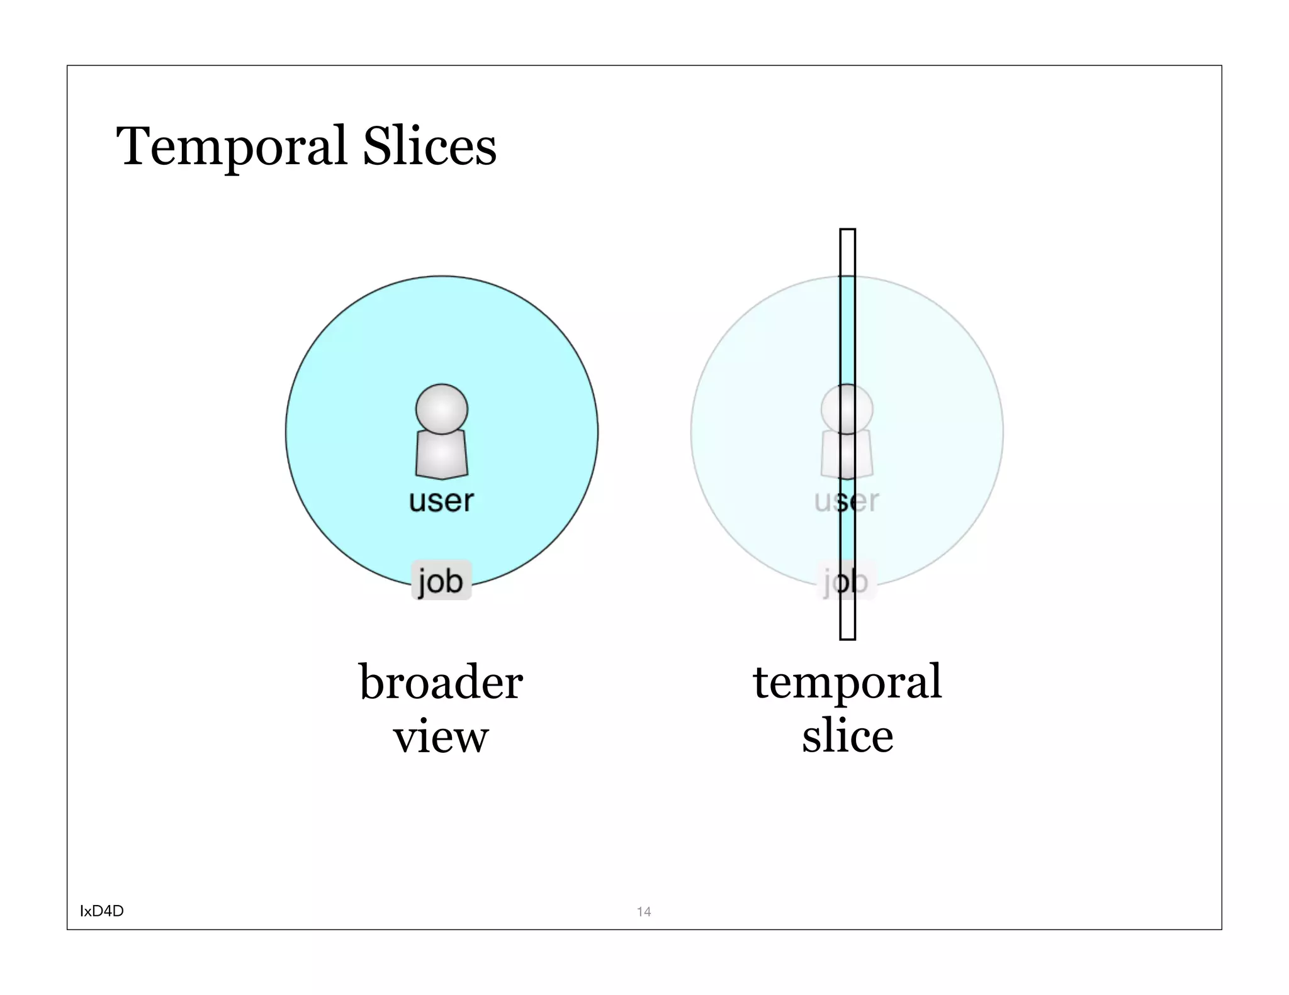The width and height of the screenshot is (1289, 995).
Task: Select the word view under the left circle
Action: tap(441, 737)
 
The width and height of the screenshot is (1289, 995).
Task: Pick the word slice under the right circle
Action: tap(847, 736)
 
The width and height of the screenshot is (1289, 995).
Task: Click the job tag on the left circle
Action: tap(441, 580)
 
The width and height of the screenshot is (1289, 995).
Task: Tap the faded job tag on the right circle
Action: tap(847, 580)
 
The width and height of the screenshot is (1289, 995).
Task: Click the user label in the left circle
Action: tap(441, 501)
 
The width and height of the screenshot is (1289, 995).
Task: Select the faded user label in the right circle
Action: tap(847, 501)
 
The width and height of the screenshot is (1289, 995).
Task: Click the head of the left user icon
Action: tap(442, 409)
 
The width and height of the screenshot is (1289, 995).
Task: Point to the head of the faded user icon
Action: tap(847, 409)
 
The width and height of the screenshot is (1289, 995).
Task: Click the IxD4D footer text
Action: tap(102, 911)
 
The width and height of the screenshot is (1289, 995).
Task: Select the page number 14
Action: tap(644, 911)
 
